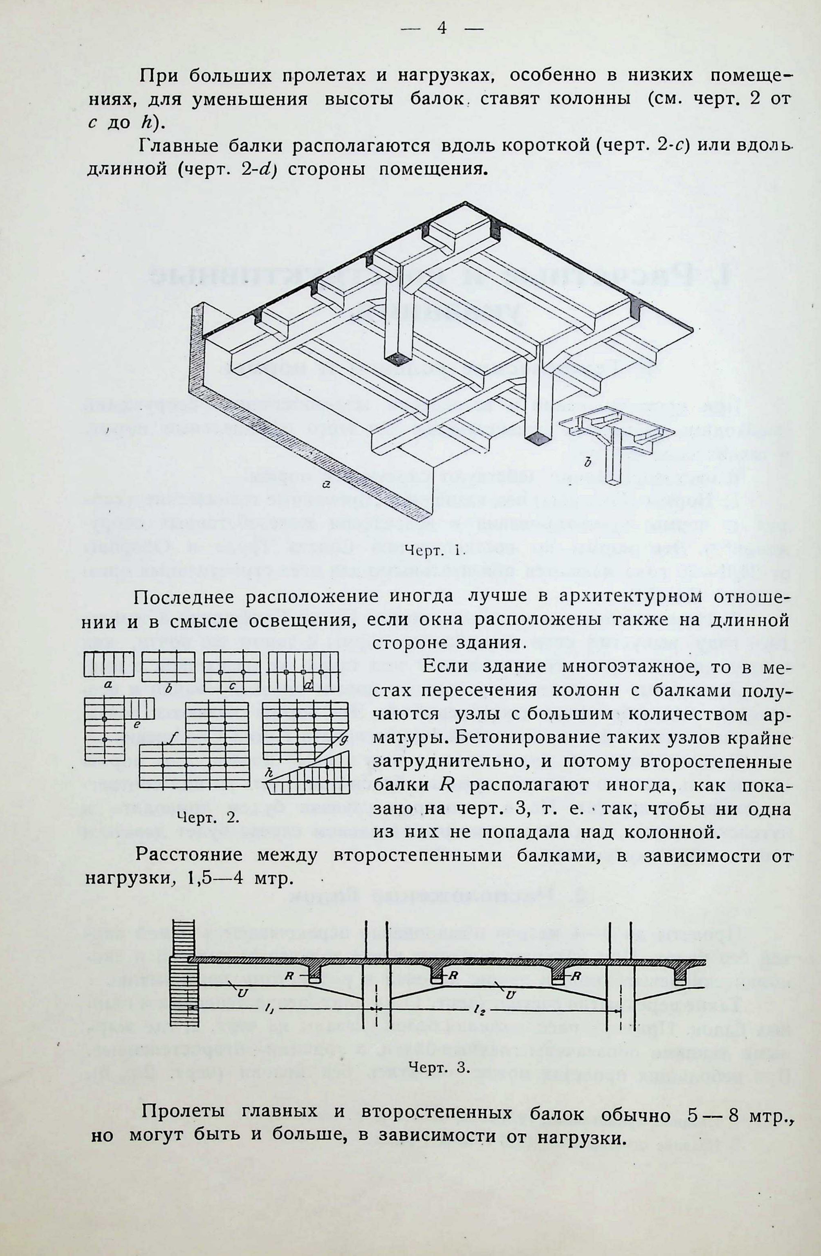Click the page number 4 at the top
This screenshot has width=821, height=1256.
point(441,29)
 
